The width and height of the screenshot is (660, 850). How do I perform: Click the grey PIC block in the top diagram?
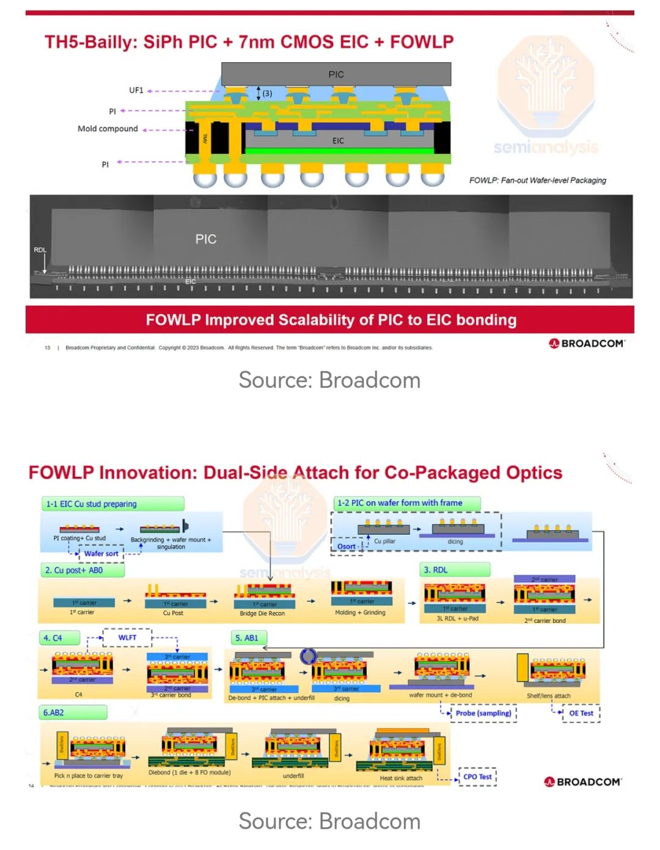coord(335,74)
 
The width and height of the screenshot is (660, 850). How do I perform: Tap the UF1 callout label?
coord(136,90)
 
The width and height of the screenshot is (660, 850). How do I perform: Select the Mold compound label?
coord(108,129)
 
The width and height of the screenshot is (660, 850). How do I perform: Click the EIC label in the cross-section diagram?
coord(338,141)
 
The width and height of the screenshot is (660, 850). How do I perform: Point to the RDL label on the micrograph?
coord(40,250)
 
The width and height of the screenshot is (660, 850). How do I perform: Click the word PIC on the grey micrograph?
coord(206,239)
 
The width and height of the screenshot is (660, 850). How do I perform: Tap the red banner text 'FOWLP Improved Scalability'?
coord(331,320)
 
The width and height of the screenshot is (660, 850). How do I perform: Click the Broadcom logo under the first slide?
coord(586,343)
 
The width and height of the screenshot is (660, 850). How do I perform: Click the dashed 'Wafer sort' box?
coord(101,554)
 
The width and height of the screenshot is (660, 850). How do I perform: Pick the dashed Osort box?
coord(346,547)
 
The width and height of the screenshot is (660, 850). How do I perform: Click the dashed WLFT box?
coord(127,637)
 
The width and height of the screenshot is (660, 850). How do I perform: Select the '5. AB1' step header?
coord(248,638)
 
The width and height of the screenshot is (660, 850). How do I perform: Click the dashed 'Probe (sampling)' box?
coord(483,713)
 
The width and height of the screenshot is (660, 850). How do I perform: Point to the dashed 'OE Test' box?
coord(581,713)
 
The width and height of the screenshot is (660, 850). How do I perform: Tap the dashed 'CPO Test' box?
coord(477,777)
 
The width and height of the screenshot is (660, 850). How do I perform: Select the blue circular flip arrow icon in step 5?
coord(308,656)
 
